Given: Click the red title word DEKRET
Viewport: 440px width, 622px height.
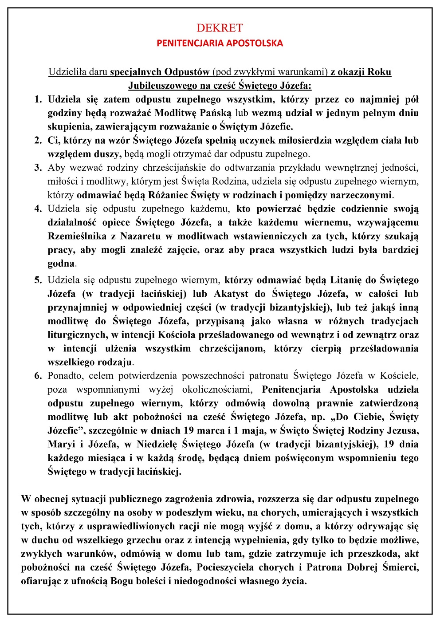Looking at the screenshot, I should [x=220, y=28].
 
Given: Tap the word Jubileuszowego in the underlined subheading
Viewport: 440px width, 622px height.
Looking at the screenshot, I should [x=159, y=86].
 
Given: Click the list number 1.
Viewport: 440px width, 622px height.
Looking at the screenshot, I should [x=38, y=99].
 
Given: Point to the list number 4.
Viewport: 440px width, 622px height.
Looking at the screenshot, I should [x=38, y=209].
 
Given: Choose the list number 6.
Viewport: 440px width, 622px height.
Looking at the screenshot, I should [x=38, y=376].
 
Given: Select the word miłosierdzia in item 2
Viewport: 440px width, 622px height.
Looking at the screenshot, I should [x=304, y=141].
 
